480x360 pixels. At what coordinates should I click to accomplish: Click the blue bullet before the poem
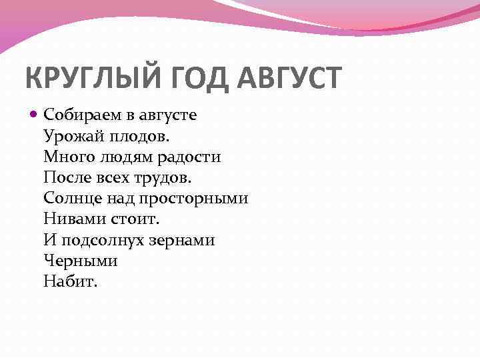tap(35, 115)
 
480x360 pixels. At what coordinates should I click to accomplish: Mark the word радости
tap(189, 157)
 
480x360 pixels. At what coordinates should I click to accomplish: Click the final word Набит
tap(70, 281)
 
